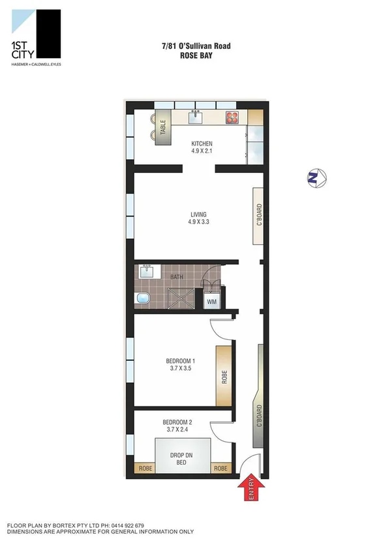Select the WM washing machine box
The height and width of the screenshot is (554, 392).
(x=211, y=301)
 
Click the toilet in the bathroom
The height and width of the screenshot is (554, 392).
(x=142, y=299)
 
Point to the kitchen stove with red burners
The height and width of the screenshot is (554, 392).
(x=234, y=117)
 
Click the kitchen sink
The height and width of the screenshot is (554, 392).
(x=195, y=117)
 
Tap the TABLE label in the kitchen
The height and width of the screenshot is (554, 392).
(x=163, y=127)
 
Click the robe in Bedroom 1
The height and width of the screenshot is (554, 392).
(x=223, y=377)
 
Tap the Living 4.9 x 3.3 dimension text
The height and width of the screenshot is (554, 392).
(x=199, y=221)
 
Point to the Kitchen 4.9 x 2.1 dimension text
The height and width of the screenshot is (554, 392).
(x=202, y=152)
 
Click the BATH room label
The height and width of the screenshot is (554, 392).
(x=177, y=277)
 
